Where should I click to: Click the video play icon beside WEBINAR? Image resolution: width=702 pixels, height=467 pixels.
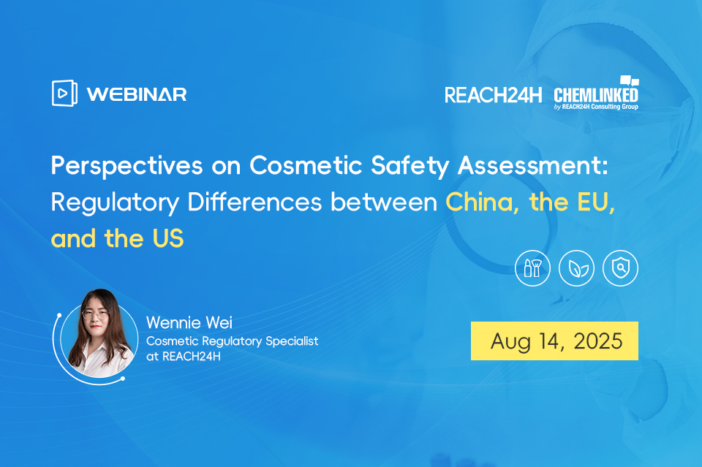(x=64, y=93)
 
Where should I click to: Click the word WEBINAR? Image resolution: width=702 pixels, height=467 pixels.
(x=137, y=94)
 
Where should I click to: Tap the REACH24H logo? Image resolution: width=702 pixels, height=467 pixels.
(x=494, y=95)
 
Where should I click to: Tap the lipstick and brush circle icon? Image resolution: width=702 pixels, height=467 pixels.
(x=532, y=269)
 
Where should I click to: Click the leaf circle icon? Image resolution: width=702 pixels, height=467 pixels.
(x=576, y=269)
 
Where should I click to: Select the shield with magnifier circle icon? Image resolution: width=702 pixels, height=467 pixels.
(x=620, y=269)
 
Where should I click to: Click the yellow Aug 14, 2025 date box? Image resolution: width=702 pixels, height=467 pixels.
(x=554, y=341)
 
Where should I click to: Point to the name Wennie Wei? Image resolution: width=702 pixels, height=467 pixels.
(x=189, y=322)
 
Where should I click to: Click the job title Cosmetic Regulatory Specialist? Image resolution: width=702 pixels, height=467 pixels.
(x=233, y=341)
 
